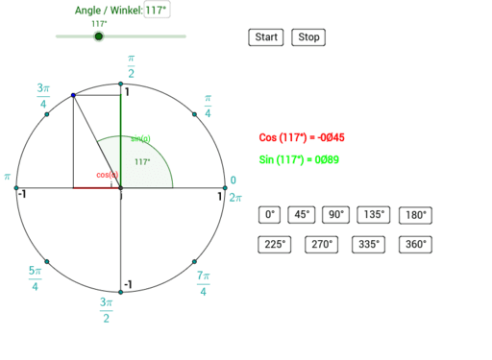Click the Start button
click(265, 37)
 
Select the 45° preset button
click(302, 215)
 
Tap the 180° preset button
click(415, 215)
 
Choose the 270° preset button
click(321, 244)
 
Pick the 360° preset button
click(415, 244)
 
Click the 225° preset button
click(274, 244)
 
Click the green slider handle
click(98, 36)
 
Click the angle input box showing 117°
click(157, 11)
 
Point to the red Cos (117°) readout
click(302, 137)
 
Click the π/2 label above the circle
click(130, 67)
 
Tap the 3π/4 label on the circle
click(42, 95)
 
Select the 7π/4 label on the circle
click(203, 282)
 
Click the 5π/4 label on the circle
click(35, 278)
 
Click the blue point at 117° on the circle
click(74, 95)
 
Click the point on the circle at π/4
click(195, 114)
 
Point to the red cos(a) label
click(106, 175)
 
